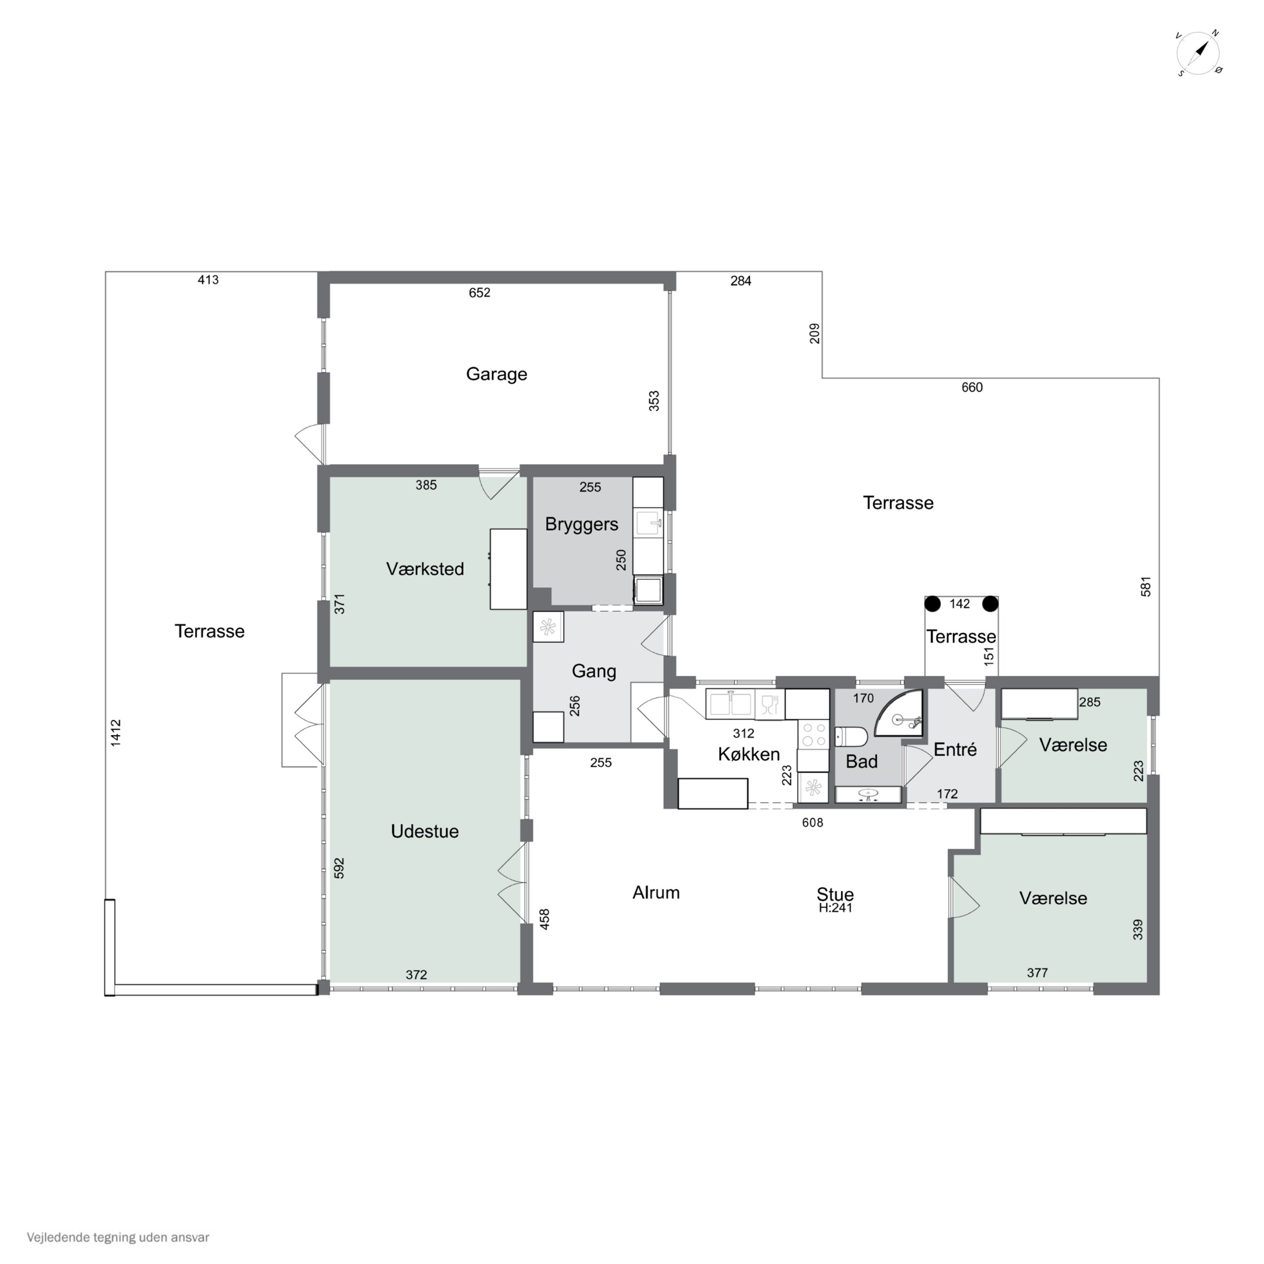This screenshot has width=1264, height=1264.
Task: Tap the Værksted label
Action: click(x=425, y=568)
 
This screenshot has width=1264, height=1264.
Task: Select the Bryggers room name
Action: click(x=581, y=525)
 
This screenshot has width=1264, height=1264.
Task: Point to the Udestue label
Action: click(x=425, y=831)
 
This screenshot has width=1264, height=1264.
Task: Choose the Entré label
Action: click(x=955, y=749)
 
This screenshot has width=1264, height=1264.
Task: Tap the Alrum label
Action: click(x=656, y=892)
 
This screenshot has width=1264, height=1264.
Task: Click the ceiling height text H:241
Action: click(x=836, y=908)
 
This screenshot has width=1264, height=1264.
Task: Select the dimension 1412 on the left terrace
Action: click(x=116, y=733)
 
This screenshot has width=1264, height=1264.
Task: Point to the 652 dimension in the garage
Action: click(x=479, y=292)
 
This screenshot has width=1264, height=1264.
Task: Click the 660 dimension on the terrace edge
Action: click(x=972, y=387)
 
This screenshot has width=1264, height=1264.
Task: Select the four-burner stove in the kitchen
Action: click(x=813, y=734)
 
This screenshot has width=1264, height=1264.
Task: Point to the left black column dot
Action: click(x=932, y=603)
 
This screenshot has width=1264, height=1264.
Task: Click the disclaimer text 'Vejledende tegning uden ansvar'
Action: click(x=118, y=1237)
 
